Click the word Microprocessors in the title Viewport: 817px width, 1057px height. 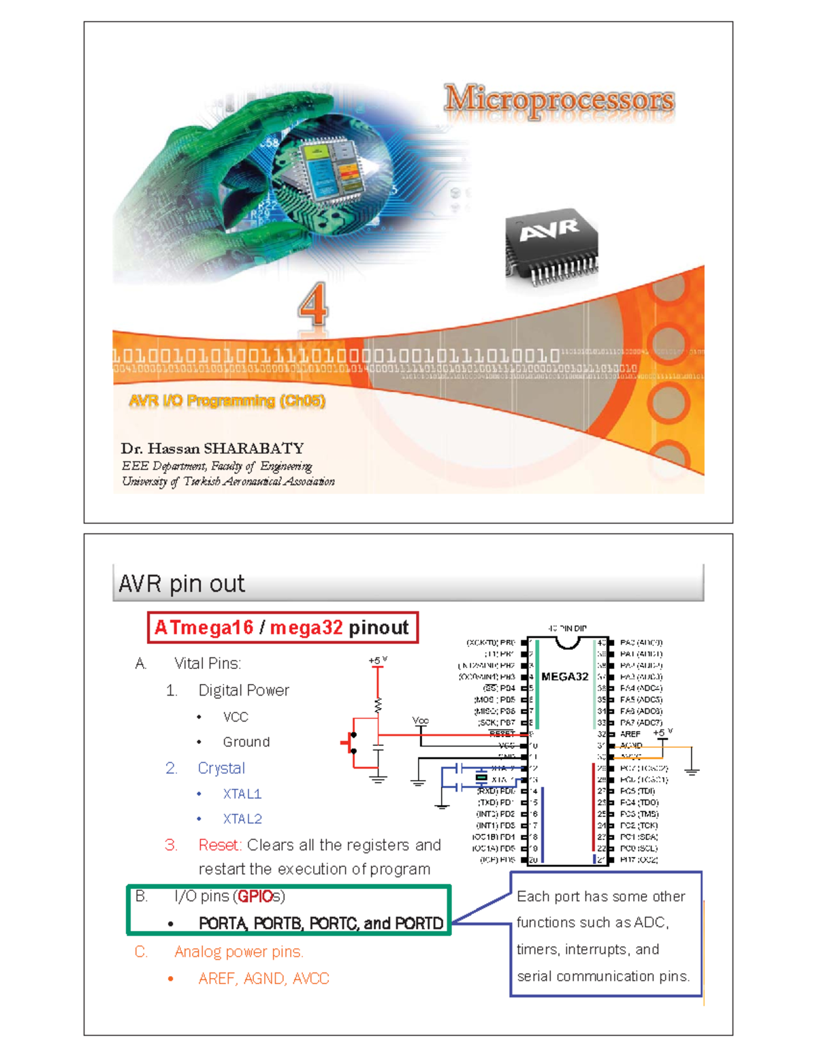[x=559, y=100]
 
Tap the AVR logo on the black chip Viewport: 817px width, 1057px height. [x=549, y=231]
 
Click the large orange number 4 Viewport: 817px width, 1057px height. [x=313, y=305]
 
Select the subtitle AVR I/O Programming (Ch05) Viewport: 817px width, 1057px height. [x=227, y=401]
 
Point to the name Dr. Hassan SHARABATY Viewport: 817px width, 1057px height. [x=212, y=449]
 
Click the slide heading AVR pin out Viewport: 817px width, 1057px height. [x=181, y=584]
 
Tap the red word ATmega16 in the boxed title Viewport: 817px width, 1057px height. [x=204, y=628]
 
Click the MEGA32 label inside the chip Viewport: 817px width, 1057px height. [x=564, y=677]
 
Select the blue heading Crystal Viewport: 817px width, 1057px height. [x=221, y=768]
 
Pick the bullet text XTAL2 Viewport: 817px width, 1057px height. [x=242, y=819]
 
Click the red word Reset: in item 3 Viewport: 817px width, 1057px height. [x=220, y=845]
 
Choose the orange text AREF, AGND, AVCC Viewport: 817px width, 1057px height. [x=263, y=978]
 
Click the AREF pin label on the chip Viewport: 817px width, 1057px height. [x=630, y=734]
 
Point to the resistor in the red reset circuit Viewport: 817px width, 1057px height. [x=378, y=705]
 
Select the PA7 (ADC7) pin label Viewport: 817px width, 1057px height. [x=641, y=722]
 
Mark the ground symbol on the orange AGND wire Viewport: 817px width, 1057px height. [x=692, y=770]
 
